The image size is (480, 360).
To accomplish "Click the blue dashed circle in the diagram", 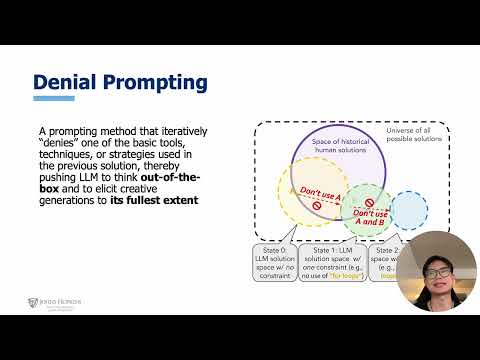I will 408,210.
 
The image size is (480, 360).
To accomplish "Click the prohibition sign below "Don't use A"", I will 318,204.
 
